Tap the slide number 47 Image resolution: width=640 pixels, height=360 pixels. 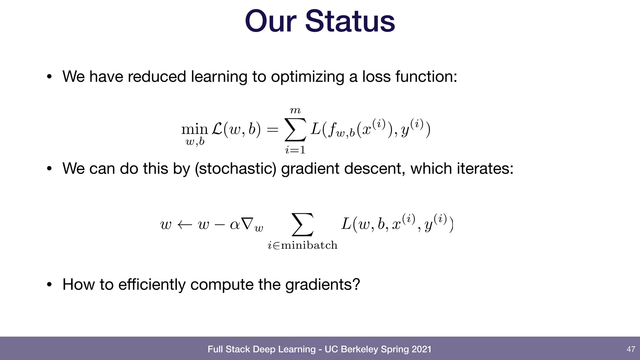point(631,349)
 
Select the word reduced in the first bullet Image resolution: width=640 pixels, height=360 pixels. point(157,77)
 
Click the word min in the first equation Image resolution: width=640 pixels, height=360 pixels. point(194,129)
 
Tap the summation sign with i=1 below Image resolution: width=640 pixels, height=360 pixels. point(295,130)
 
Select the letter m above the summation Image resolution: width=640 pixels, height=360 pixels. point(295,110)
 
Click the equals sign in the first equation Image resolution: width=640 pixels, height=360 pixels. point(272,129)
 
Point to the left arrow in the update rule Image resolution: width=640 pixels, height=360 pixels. point(184,225)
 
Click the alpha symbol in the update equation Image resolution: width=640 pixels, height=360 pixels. point(234,224)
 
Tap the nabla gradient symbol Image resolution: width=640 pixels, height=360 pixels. point(247,224)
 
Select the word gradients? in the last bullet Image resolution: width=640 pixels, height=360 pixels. point(322,284)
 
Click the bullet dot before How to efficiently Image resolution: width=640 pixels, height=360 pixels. point(49,285)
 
